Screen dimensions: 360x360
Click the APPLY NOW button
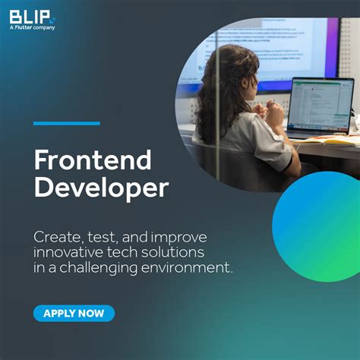click(x=74, y=313)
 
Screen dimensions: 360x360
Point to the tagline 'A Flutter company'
click(x=33, y=27)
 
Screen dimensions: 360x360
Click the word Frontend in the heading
click(x=93, y=160)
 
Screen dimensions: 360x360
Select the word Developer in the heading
click(x=101, y=188)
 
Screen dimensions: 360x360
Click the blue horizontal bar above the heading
click(x=67, y=123)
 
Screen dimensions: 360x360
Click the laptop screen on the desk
click(x=320, y=105)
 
